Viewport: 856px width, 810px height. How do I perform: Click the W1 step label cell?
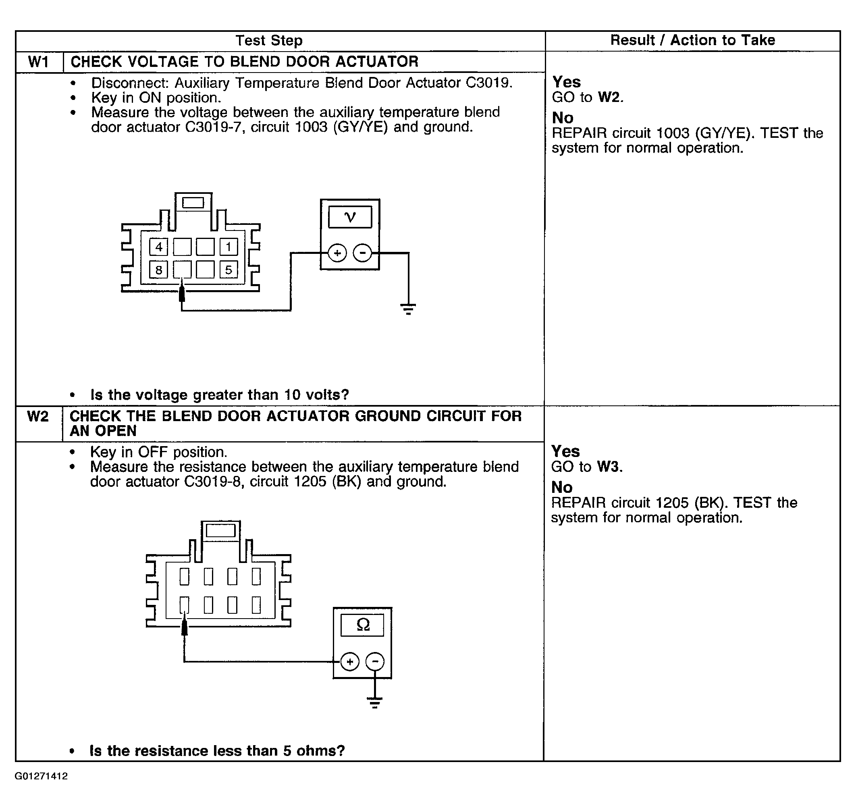click(x=39, y=62)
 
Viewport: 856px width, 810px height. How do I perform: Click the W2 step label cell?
click(x=38, y=416)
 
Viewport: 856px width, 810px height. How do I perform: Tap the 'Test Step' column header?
click(x=269, y=41)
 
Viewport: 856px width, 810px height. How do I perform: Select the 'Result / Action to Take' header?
click(x=692, y=40)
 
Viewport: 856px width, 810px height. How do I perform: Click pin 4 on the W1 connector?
click(x=158, y=247)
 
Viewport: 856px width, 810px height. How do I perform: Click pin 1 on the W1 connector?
click(x=229, y=247)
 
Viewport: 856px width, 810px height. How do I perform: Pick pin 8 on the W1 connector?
click(x=158, y=270)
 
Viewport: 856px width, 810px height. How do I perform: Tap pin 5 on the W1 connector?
click(x=229, y=270)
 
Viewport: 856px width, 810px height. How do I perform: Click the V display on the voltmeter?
click(x=350, y=217)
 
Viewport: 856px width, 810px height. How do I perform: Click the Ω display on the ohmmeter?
click(x=362, y=625)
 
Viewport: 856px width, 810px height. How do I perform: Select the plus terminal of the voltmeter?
click(x=337, y=253)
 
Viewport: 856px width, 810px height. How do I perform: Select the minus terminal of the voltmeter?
click(x=362, y=253)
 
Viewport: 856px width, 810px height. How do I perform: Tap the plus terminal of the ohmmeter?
click(x=350, y=661)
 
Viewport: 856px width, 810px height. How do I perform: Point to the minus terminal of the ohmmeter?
click(x=375, y=661)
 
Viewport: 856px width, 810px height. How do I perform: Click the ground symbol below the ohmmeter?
click(x=375, y=702)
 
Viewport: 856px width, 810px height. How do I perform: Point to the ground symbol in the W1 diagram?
click(x=408, y=309)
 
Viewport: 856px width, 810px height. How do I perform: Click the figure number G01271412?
click(x=41, y=776)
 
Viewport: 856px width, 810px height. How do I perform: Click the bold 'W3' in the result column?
click(x=608, y=467)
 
